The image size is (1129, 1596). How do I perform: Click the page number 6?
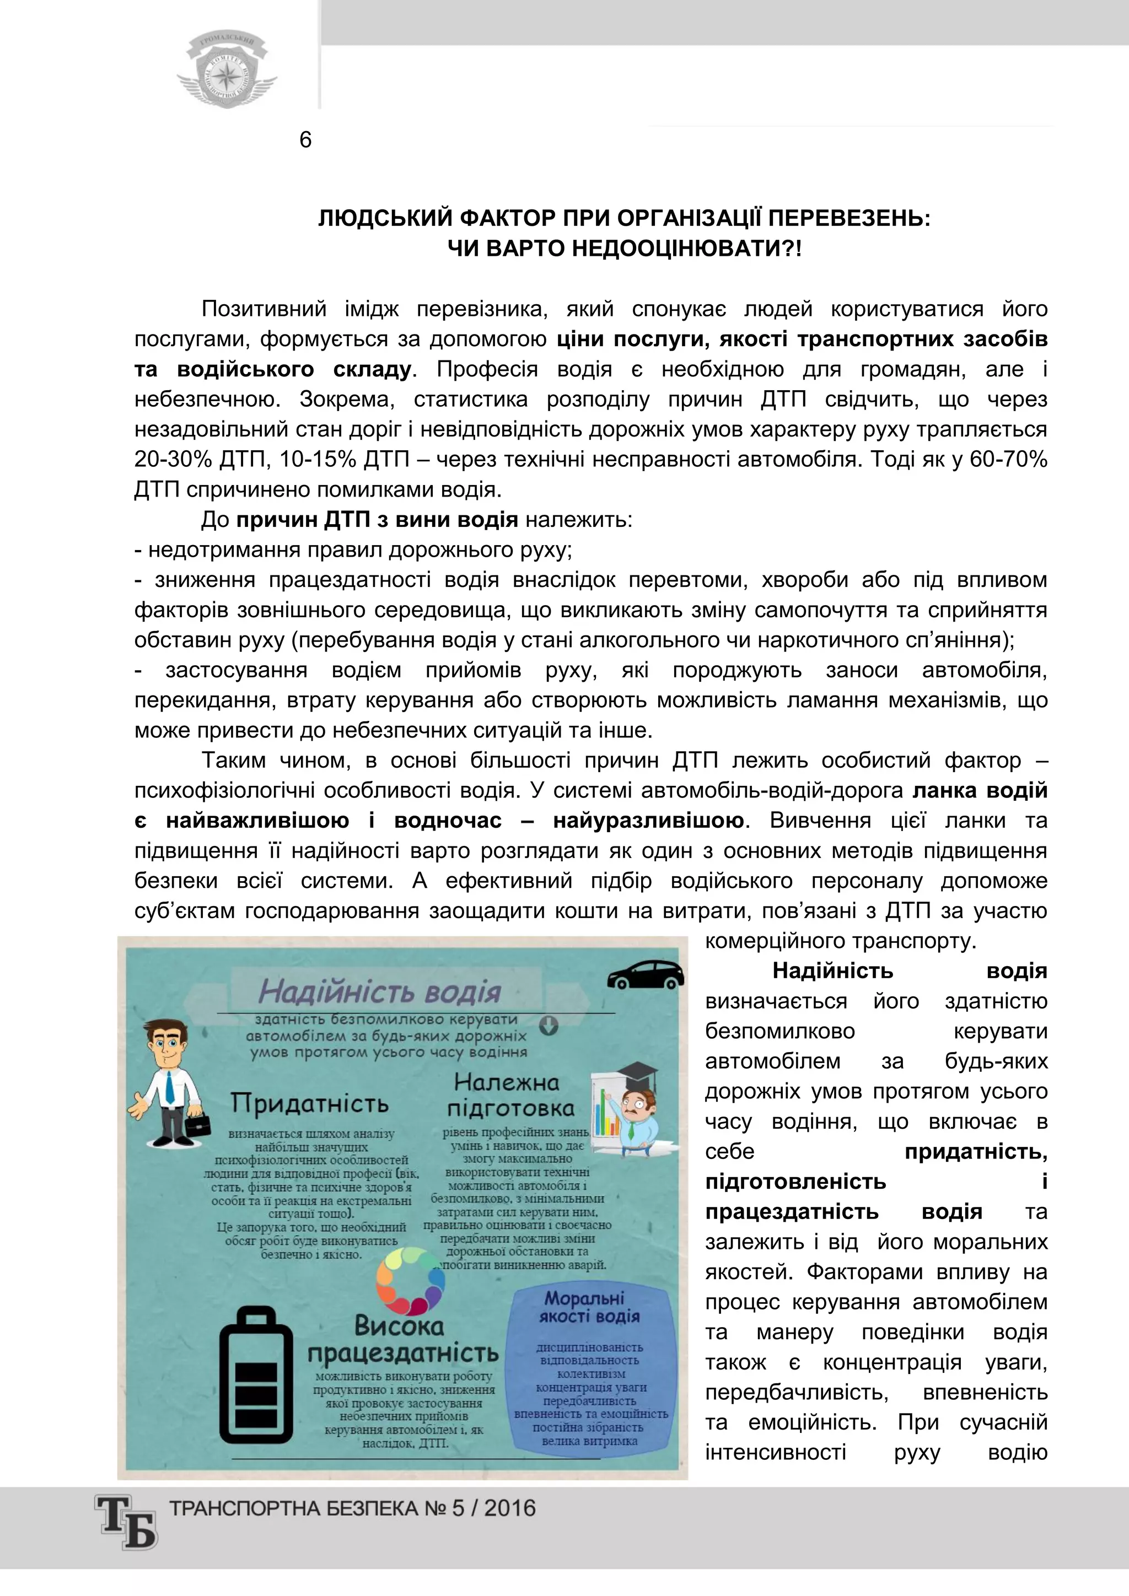(305, 141)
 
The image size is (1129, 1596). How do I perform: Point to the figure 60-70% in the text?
(1012, 460)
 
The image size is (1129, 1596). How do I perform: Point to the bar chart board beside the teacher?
(607, 1115)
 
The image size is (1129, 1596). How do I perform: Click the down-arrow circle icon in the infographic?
(549, 1025)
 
